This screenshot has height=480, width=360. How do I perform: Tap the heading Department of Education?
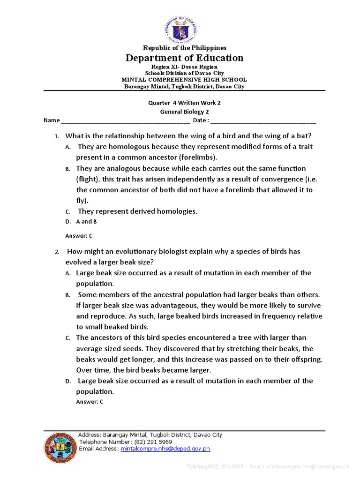[184, 58]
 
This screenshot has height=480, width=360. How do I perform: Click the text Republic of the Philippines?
[184, 48]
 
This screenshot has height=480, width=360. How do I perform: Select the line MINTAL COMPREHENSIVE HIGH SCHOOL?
[184, 80]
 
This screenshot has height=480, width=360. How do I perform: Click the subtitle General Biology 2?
[184, 112]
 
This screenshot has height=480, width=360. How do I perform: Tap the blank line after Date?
[263, 121]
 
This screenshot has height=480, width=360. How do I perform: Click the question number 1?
[56, 136]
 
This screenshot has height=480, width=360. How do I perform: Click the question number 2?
[56, 252]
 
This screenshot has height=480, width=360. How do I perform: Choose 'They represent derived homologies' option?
[137, 211]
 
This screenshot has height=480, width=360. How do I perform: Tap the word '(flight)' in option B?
[88, 179]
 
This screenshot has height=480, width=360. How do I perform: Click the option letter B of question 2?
[67, 295]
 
